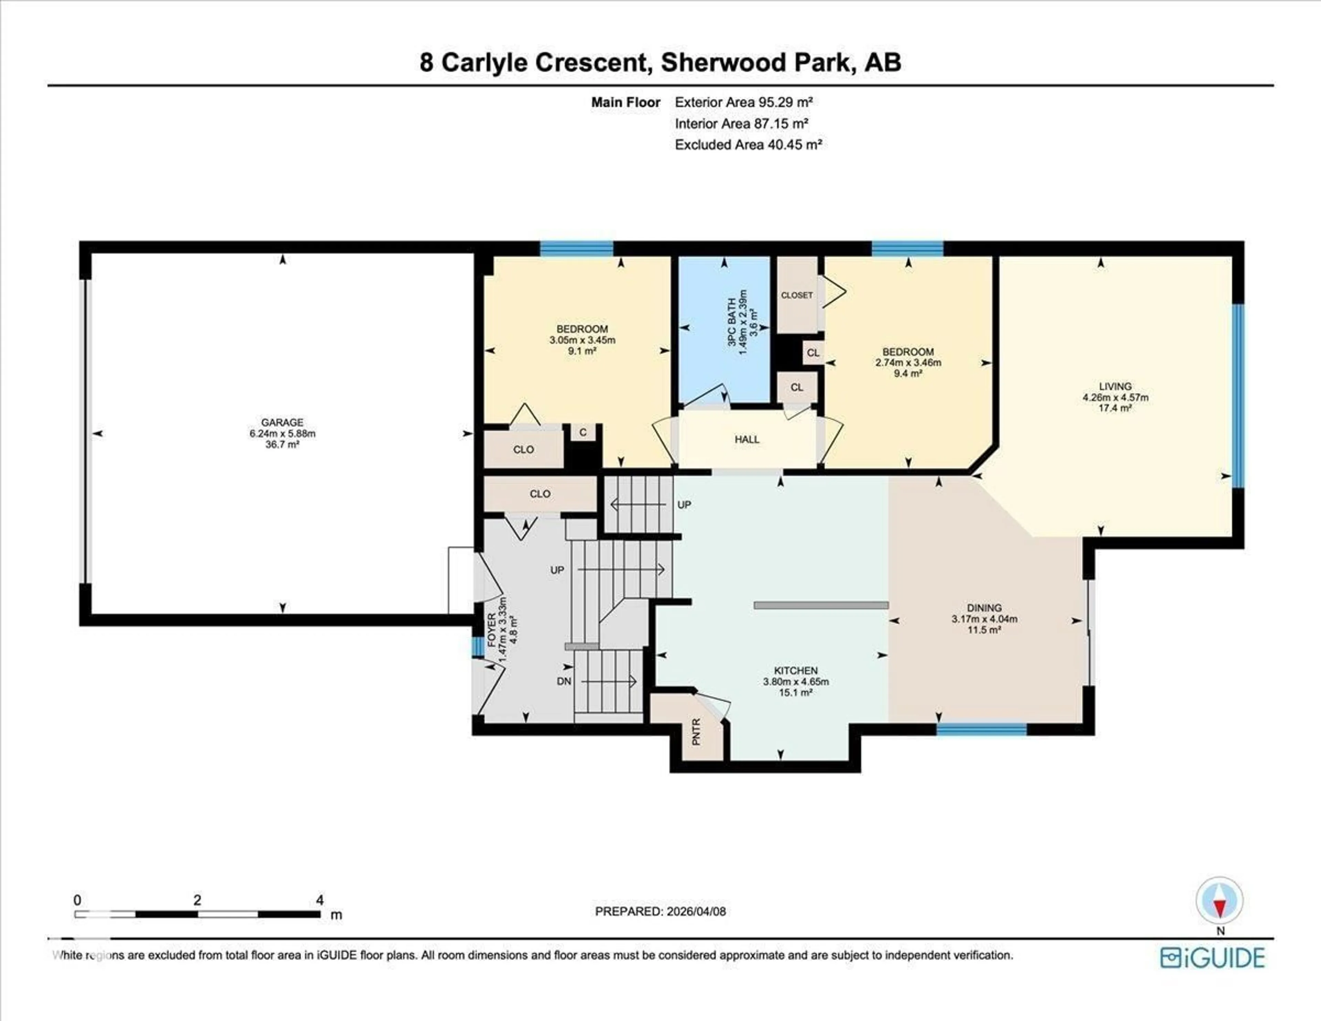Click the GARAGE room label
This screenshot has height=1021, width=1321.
[x=282, y=422]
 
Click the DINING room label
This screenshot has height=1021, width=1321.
[x=984, y=608]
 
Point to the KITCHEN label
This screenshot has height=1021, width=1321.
[x=795, y=671]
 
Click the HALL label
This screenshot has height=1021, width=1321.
[x=747, y=439]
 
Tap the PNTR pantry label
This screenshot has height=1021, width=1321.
[x=696, y=731]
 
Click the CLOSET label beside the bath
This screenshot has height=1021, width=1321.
[x=797, y=295]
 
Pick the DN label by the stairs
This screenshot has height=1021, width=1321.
[x=564, y=682]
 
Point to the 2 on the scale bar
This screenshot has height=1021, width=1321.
[x=197, y=900]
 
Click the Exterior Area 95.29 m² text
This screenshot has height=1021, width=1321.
[x=743, y=102]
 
